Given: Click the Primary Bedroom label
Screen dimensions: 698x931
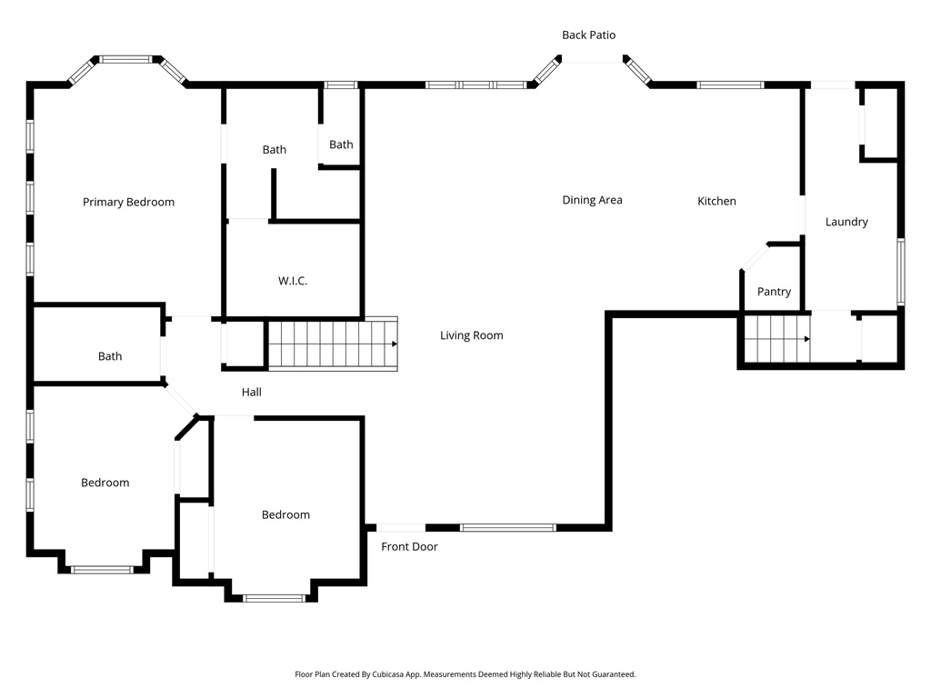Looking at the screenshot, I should pyautogui.click(x=128, y=202).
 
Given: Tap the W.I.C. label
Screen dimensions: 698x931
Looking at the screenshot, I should pyautogui.click(x=293, y=281).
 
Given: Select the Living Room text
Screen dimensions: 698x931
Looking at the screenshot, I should pyautogui.click(x=471, y=335).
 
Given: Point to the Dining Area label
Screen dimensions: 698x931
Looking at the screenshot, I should pyautogui.click(x=592, y=200).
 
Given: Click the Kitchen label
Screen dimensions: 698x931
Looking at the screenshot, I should pyautogui.click(x=716, y=201).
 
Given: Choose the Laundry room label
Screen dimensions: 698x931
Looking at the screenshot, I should pyautogui.click(x=846, y=222).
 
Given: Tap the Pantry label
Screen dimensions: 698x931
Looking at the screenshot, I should pyautogui.click(x=774, y=292).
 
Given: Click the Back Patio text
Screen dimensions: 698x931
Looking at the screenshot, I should pyautogui.click(x=588, y=35).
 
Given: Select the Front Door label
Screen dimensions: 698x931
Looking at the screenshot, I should pyautogui.click(x=409, y=546).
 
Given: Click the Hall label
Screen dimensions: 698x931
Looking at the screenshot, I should pyautogui.click(x=252, y=392).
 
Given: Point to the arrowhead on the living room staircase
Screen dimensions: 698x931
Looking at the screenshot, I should pyautogui.click(x=394, y=344).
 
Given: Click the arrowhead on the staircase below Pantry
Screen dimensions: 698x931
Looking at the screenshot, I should pyautogui.click(x=806, y=339).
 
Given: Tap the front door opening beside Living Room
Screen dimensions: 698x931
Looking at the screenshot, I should pyautogui.click(x=401, y=527).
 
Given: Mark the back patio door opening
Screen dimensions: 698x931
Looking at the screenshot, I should pyautogui.click(x=592, y=60).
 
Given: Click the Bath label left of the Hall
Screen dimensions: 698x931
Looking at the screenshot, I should pyautogui.click(x=110, y=356).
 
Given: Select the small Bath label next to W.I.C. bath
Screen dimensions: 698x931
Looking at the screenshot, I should pyautogui.click(x=341, y=145).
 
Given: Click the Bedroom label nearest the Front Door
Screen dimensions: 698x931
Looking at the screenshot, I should pyautogui.click(x=285, y=514).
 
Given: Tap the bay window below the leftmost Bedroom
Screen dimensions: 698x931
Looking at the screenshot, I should pyautogui.click(x=102, y=570).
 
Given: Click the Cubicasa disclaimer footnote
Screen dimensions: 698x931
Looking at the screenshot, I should pyautogui.click(x=465, y=674).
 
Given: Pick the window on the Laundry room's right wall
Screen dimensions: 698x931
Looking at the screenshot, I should pyautogui.click(x=900, y=271).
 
